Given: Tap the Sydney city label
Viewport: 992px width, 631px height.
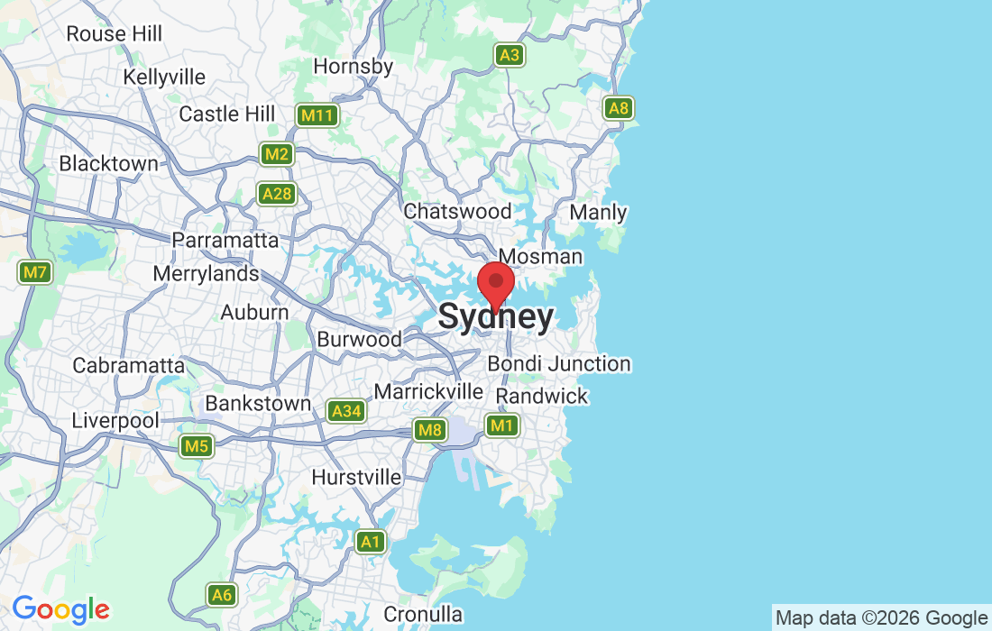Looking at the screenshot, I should tap(495, 317).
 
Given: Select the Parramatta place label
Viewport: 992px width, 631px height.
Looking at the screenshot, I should tap(225, 241).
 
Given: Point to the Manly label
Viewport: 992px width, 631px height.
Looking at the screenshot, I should tap(599, 213).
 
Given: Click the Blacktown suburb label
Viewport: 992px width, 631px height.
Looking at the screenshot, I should tap(108, 164).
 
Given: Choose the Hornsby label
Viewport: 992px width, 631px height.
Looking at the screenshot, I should tap(354, 67).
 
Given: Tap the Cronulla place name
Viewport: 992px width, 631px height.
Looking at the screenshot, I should tap(423, 615).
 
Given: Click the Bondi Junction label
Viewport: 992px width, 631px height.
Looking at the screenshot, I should tap(559, 364).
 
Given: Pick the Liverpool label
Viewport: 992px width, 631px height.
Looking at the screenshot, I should tap(115, 421).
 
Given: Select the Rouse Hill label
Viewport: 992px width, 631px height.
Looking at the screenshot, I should tap(115, 34).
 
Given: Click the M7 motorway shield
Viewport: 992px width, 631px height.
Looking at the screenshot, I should tap(34, 271).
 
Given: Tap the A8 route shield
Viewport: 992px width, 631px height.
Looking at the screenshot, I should tap(619, 109).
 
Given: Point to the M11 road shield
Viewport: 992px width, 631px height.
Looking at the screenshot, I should tap(317, 115).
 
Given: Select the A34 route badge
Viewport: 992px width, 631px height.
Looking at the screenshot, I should tap(345, 412).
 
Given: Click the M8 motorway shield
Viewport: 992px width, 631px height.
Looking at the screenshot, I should tap(430, 431).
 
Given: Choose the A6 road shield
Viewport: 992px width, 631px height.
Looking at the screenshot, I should tap(222, 595).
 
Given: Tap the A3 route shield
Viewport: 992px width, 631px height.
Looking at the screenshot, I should tap(510, 55).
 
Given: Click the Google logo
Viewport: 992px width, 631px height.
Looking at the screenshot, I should tap(60, 609).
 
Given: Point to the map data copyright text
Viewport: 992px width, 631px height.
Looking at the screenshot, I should tap(881, 618).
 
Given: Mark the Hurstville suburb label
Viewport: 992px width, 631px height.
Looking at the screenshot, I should tap(356, 477).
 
